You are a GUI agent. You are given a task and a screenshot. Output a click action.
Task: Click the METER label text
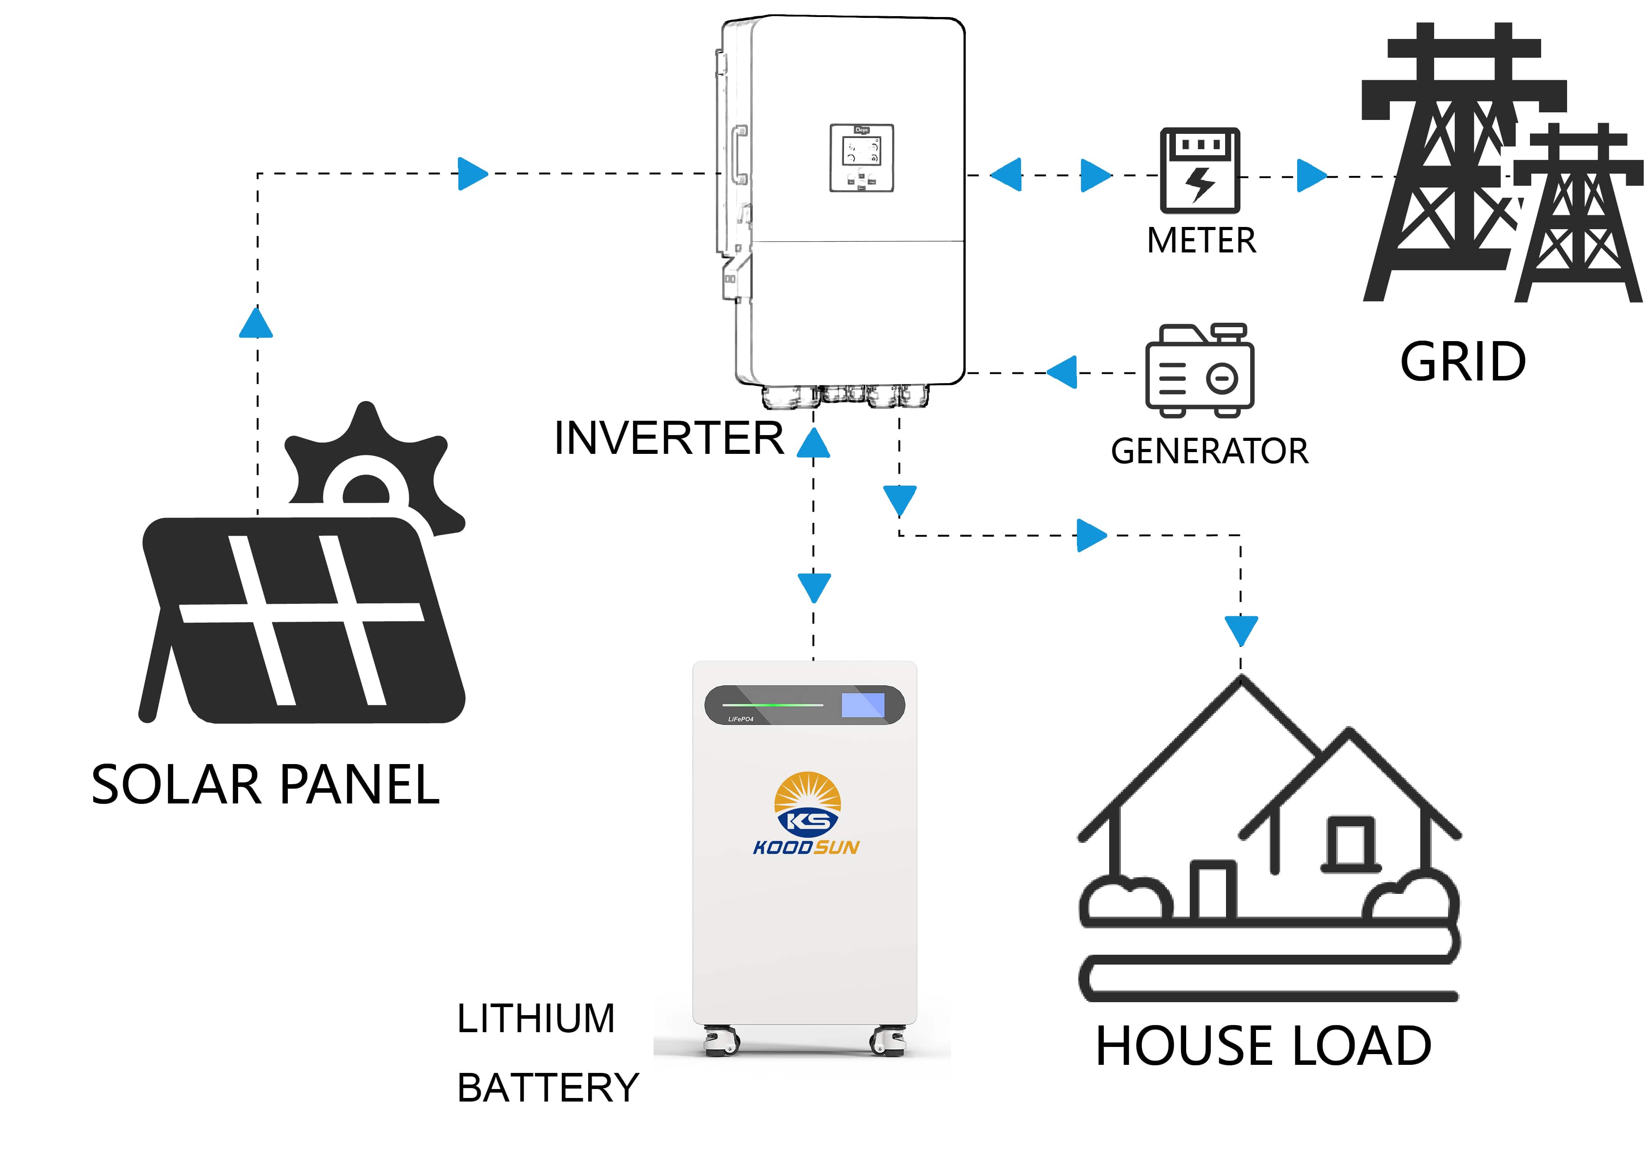(x=1201, y=240)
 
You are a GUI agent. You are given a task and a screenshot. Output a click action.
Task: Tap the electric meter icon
(x=1200, y=171)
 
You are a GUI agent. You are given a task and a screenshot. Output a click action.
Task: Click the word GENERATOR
(x=1209, y=451)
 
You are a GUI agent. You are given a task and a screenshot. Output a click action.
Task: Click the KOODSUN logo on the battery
(x=807, y=814)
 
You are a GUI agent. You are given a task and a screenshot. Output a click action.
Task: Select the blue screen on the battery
(x=863, y=705)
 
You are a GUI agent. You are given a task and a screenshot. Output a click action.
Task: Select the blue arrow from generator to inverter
(x=1063, y=372)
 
